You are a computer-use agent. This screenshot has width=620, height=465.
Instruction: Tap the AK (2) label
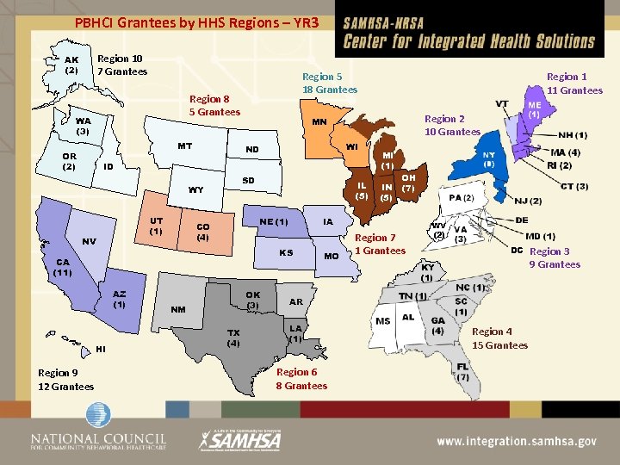tap(71, 65)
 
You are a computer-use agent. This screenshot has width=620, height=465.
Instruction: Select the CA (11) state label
tap(62, 267)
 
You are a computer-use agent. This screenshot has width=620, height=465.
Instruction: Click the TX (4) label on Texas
tap(232, 338)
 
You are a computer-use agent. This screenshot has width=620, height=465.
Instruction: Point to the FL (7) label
tap(462, 372)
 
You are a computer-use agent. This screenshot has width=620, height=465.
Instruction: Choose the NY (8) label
tap(488, 158)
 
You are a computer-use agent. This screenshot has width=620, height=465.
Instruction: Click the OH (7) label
tap(408, 183)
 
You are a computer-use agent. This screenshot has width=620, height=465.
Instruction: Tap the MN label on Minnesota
tap(319, 122)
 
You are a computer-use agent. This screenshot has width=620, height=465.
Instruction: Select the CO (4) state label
tap(202, 232)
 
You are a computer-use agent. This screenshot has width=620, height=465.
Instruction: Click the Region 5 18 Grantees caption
tap(329, 84)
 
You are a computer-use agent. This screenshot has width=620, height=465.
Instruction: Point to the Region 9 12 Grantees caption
tap(65, 380)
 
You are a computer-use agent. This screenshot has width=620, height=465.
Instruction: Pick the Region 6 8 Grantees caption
tap(301, 379)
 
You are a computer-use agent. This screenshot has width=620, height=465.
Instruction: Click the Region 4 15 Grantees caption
tap(499, 338)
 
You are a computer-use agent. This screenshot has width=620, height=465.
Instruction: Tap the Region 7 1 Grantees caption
tap(380, 244)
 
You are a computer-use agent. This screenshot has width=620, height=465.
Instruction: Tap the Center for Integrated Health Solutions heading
tap(469, 40)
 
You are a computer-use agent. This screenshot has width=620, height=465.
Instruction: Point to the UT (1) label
tap(156, 226)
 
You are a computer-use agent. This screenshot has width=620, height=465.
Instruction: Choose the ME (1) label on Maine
tap(534, 108)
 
